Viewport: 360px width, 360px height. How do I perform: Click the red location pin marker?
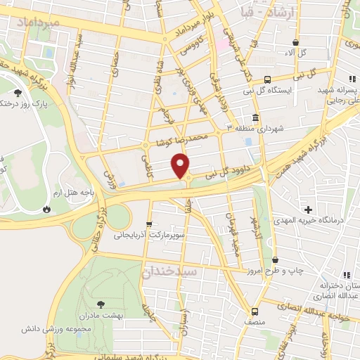pyautogui.click(x=181, y=165)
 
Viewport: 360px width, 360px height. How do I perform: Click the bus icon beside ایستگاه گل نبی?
pyautogui.click(x=267, y=79)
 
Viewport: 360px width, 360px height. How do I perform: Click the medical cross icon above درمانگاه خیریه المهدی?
pyautogui.click(x=308, y=210)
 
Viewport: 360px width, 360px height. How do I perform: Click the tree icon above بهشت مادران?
pyautogui.click(x=101, y=304)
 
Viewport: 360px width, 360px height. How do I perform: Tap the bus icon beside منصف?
pyautogui.click(x=254, y=310)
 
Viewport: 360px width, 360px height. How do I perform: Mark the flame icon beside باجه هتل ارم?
pyautogui.click(x=46, y=209)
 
